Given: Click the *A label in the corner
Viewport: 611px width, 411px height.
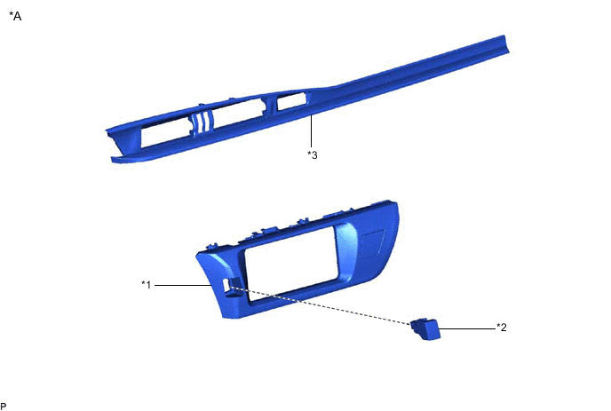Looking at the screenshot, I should (15, 15).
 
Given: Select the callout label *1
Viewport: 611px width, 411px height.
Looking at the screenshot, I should (147, 284).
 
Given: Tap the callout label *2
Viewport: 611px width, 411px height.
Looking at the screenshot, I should (502, 328).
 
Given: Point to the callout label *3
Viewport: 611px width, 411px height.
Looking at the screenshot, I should (312, 154).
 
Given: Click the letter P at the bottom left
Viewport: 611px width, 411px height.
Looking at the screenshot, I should (4, 405).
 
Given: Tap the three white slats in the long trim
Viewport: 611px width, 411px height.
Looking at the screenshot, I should (202, 123).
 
